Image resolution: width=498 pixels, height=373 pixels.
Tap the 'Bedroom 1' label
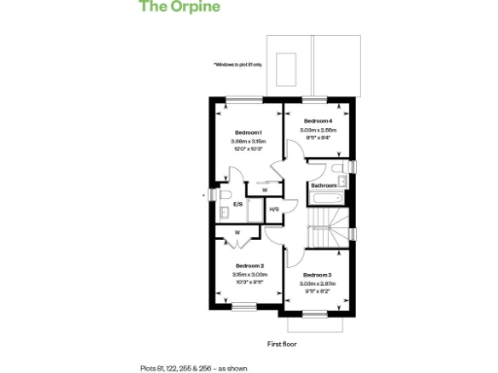pyautogui.click(x=248, y=132)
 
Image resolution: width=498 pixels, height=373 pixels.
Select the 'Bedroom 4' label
pyautogui.click(x=317, y=119)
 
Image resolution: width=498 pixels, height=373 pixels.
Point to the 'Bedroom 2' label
pyautogui.click(x=248, y=265)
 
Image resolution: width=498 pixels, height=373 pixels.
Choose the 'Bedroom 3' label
pyautogui.click(x=317, y=275)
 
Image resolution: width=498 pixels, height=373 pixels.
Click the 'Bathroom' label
pyautogui.click(x=324, y=185)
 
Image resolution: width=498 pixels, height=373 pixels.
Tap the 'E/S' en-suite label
pyautogui.click(x=238, y=206)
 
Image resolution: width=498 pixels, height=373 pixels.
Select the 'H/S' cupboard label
pyautogui.click(x=274, y=209)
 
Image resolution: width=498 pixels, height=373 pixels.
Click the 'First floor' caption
pyautogui.click(x=281, y=344)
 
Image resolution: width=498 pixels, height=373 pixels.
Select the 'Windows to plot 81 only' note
pyautogui.click(x=239, y=65)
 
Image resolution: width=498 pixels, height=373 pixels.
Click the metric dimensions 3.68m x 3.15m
pyautogui.click(x=248, y=141)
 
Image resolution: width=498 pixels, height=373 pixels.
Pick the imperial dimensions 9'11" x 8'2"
pyautogui.click(x=317, y=291)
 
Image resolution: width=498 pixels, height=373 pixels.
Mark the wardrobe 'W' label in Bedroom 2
pyautogui.click(x=238, y=233)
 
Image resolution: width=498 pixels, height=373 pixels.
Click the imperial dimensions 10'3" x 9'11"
pyautogui.click(x=248, y=283)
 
